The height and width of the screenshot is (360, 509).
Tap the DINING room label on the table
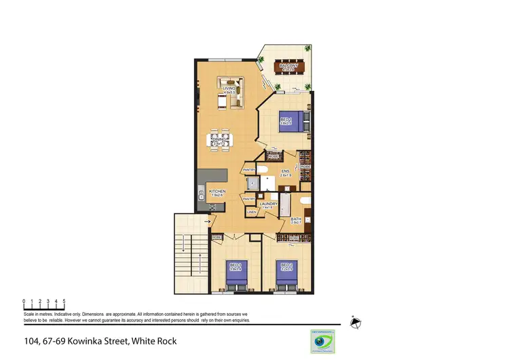tap(218, 142)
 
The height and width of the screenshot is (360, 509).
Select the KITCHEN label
tap(217, 193)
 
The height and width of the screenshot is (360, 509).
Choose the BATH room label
tap(297, 220)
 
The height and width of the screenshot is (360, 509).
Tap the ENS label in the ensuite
tap(285, 173)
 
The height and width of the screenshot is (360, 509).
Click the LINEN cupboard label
tap(251, 213)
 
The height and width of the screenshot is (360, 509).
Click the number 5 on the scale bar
tap(64, 300)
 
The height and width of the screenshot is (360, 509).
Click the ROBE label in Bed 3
tap(217, 237)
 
